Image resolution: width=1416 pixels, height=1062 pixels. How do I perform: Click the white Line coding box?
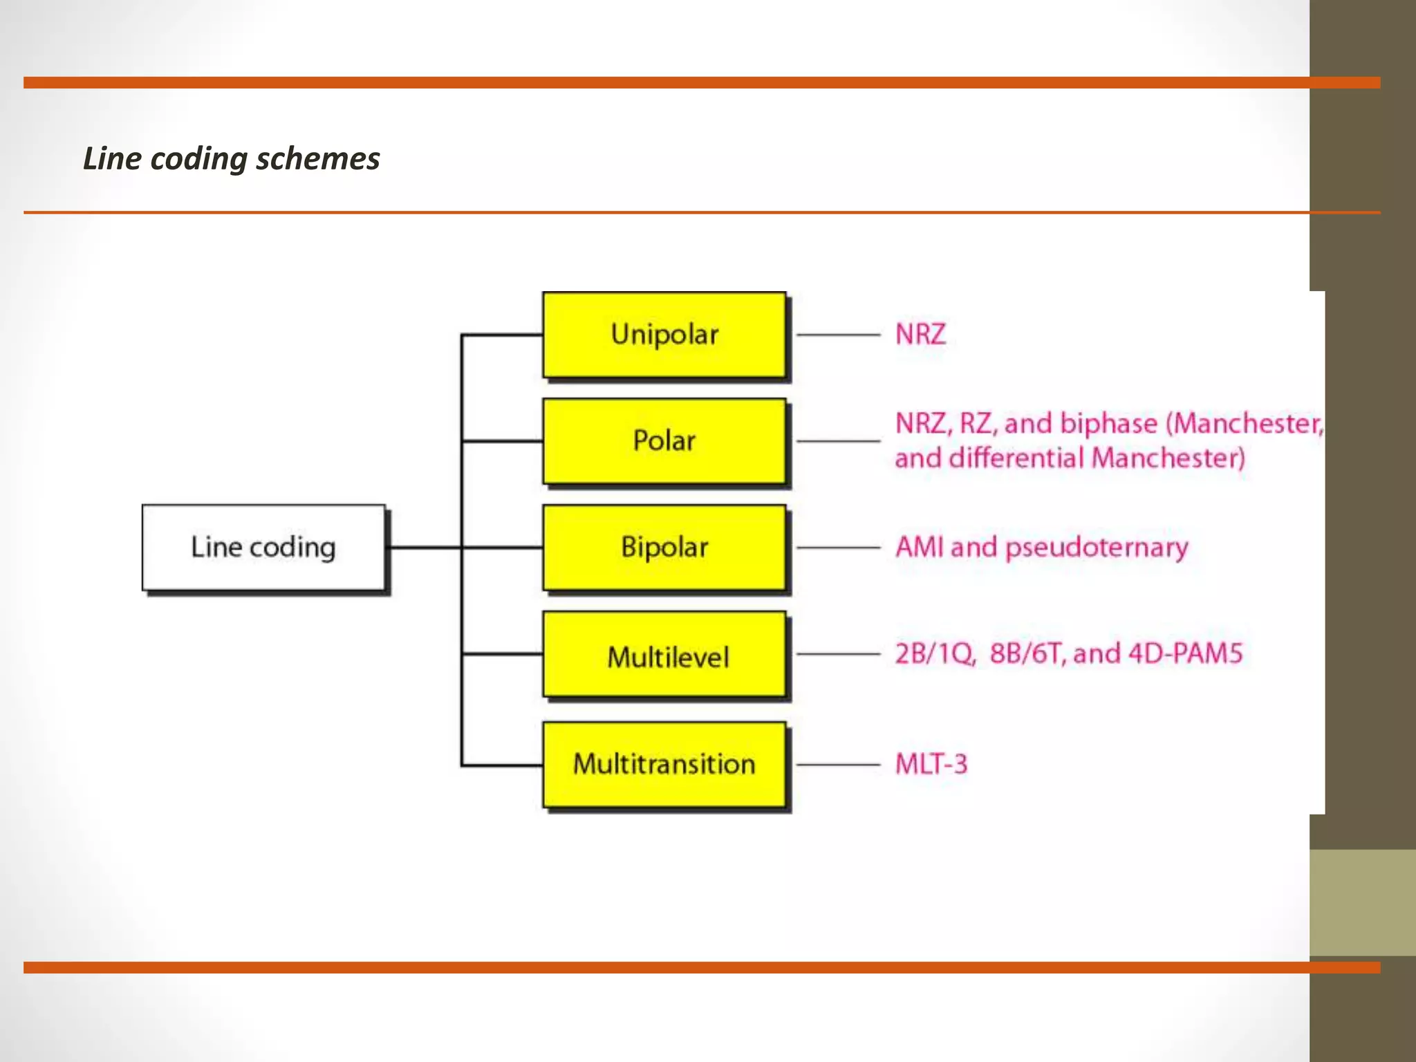point(263,547)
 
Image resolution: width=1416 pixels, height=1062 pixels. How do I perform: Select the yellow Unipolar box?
point(664,335)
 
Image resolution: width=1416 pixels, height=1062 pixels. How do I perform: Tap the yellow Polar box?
point(664,441)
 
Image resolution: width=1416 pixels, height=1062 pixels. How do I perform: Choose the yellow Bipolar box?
point(664,547)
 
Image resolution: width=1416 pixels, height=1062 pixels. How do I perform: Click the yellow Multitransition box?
point(664,764)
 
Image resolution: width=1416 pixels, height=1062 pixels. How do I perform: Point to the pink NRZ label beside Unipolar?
point(920,335)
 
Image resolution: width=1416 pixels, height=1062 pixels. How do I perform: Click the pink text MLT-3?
point(931,765)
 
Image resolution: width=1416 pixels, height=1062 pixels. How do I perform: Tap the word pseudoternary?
point(1097,548)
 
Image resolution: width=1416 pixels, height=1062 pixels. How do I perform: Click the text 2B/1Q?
point(935,654)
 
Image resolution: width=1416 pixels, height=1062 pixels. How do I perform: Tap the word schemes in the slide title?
point(318,159)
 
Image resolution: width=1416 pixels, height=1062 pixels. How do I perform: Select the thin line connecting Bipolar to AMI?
point(838,548)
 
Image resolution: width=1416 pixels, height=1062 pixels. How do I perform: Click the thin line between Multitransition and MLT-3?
point(838,765)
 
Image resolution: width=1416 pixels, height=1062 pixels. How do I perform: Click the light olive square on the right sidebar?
point(1362,902)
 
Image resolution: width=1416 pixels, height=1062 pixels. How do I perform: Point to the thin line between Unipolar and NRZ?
point(838,335)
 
